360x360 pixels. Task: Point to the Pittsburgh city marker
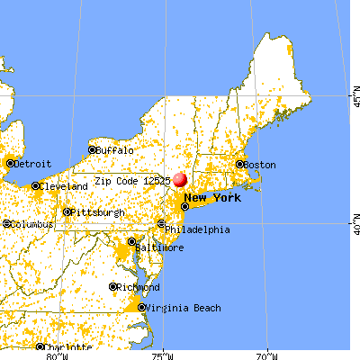click(x=67, y=212)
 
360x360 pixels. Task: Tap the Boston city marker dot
click(x=239, y=165)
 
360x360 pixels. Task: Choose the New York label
click(x=213, y=197)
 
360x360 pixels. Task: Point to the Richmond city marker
click(x=113, y=287)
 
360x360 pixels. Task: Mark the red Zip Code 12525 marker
click(x=181, y=180)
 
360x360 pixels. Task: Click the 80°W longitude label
click(x=57, y=355)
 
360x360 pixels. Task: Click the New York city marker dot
click(x=185, y=206)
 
